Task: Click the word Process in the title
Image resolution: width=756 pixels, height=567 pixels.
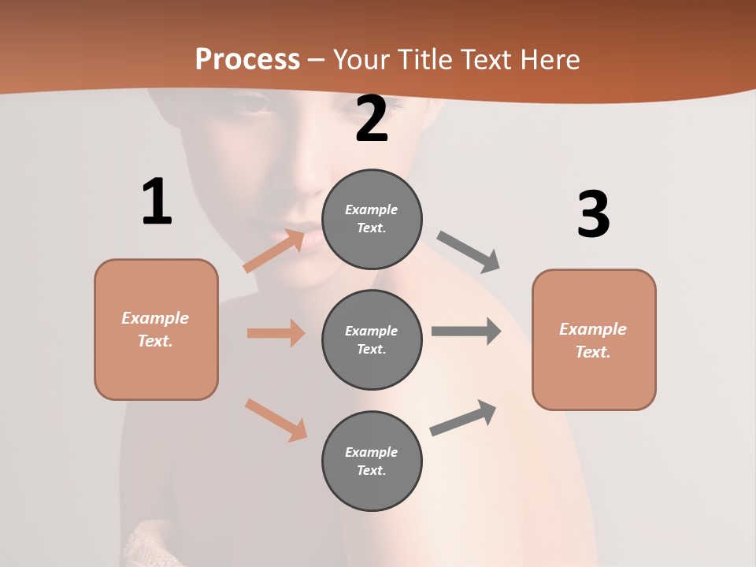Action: pyautogui.click(x=247, y=60)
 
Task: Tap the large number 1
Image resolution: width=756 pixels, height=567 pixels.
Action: pyautogui.click(x=157, y=202)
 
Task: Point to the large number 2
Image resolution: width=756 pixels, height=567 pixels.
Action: pyautogui.click(x=372, y=120)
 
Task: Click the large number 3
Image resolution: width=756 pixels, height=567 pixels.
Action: pyautogui.click(x=593, y=215)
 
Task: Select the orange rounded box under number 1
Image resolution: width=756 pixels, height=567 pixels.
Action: pyautogui.click(x=156, y=329)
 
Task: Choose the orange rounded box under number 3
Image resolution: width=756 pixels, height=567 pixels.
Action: pyautogui.click(x=594, y=340)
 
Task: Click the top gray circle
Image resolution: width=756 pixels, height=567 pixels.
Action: pyautogui.click(x=372, y=219)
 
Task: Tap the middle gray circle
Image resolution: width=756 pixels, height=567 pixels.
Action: pyautogui.click(x=372, y=340)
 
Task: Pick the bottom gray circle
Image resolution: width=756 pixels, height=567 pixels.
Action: pyautogui.click(x=372, y=461)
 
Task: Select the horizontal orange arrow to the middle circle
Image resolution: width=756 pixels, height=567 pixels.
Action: pyautogui.click(x=276, y=333)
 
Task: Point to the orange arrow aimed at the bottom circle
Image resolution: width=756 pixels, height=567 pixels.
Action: pyautogui.click(x=276, y=419)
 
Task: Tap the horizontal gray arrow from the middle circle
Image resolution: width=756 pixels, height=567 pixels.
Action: pyautogui.click(x=466, y=332)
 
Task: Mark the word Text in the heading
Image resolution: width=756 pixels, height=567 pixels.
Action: pyautogui.click(x=487, y=60)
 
